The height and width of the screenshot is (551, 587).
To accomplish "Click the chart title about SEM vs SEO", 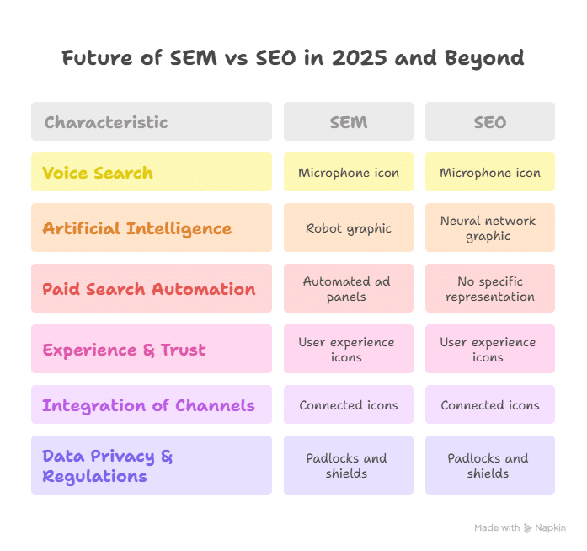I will (x=293, y=58).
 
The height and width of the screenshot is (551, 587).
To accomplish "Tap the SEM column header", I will (x=349, y=122).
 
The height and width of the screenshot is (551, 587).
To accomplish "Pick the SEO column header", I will (x=489, y=122).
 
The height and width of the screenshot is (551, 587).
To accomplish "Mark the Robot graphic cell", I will (x=349, y=228).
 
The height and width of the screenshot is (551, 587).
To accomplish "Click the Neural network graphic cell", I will (x=488, y=228).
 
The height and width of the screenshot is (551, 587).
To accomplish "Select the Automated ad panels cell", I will (x=349, y=289).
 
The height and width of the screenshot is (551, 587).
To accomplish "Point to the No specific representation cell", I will (x=489, y=289).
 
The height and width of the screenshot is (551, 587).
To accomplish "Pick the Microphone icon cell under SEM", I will (x=349, y=173).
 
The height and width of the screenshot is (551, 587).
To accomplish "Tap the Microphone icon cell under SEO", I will (x=489, y=173).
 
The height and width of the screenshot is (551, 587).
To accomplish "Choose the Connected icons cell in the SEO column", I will (x=489, y=405).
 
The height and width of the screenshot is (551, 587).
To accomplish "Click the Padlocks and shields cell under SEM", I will (x=349, y=466).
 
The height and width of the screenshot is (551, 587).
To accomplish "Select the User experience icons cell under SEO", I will (x=489, y=350).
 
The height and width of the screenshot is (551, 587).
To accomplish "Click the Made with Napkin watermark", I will (x=520, y=527).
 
